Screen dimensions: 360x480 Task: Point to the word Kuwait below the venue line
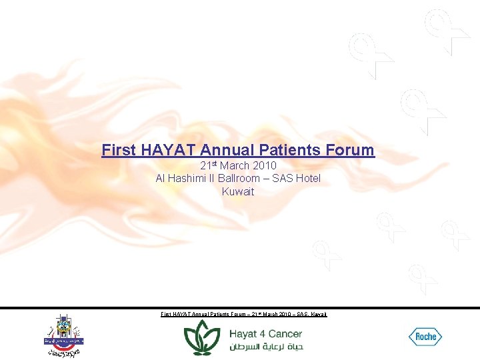(x=238, y=191)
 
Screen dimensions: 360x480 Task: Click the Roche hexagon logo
(x=425, y=337)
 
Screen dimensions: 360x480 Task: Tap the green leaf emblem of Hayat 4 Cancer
(x=202, y=337)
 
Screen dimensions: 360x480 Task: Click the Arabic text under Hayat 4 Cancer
(x=266, y=347)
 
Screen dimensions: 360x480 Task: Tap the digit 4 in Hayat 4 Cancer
(x=261, y=333)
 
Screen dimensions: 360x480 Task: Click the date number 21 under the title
(x=205, y=165)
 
